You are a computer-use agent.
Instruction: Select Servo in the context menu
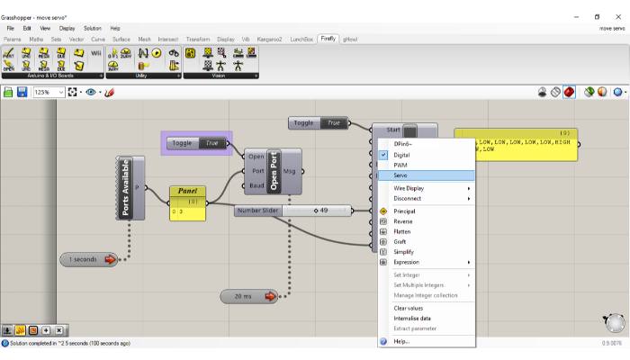(400, 175)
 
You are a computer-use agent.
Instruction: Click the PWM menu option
(400, 165)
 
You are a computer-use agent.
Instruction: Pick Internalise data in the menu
(412, 318)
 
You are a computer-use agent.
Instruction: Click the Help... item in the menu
(401, 341)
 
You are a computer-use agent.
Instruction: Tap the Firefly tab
(328, 39)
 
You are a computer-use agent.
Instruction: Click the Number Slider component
(258, 211)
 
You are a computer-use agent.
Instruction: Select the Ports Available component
(125, 188)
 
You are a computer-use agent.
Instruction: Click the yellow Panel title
(188, 191)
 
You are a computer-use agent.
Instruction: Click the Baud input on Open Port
(256, 186)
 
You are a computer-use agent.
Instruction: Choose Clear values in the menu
(408, 308)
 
